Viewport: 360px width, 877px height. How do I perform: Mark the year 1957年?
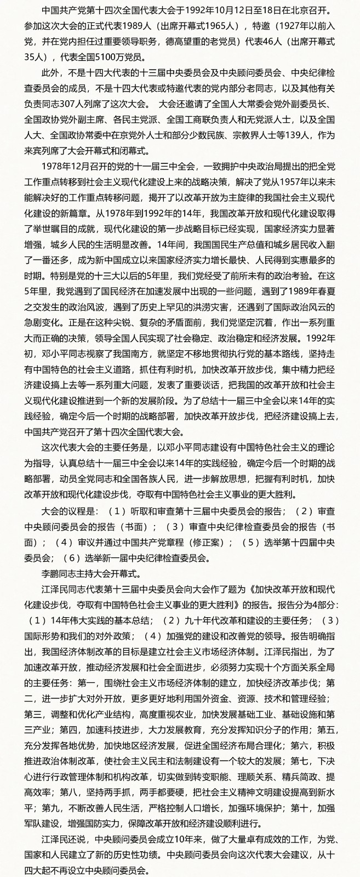[295, 181]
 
